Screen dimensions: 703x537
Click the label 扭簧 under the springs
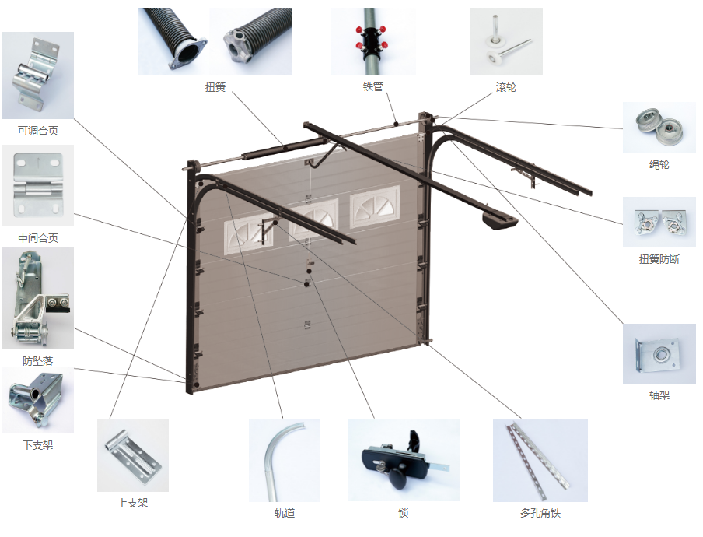tap(215, 87)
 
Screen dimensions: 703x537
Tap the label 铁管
tap(373, 86)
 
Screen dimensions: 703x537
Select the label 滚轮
tap(505, 87)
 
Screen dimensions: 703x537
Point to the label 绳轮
tap(659, 165)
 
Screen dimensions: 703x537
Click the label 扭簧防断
tap(659, 259)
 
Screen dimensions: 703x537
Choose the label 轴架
tap(659, 395)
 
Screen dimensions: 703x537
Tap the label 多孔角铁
tap(540, 513)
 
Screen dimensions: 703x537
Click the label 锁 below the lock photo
tap(403, 513)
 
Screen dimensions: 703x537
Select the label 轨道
tap(285, 513)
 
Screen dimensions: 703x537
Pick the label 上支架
tap(133, 503)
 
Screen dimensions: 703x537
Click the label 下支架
tap(37, 445)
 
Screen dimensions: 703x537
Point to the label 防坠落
tap(37, 360)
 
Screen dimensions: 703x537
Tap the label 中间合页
tap(38, 238)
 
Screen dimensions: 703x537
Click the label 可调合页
tap(38, 131)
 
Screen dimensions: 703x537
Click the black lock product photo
tap(404, 460)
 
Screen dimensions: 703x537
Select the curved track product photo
tap(285, 460)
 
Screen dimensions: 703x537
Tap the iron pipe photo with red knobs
tap(373, 41)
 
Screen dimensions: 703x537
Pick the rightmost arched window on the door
tap(375, 207)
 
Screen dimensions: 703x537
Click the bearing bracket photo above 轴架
tap(659, 353)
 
